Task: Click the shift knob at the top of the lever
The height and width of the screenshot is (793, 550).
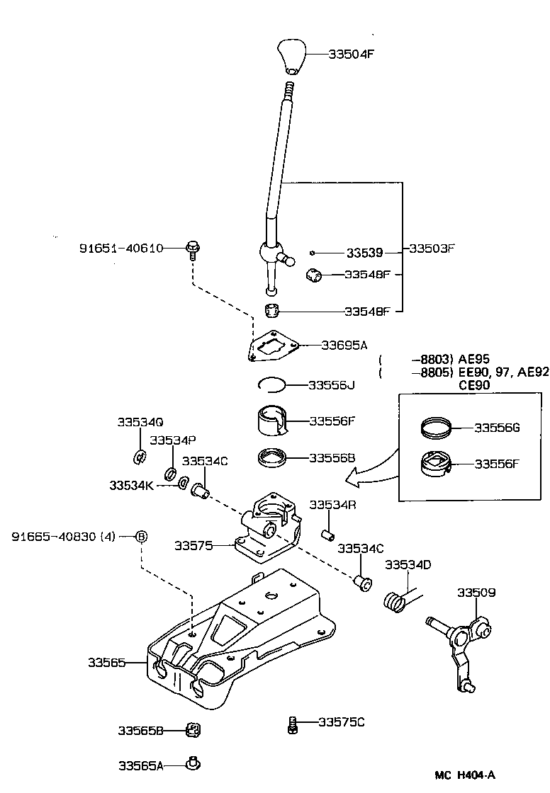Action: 291,57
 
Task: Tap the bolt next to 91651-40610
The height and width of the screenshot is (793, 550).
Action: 191,248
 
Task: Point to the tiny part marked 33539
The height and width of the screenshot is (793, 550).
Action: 312,252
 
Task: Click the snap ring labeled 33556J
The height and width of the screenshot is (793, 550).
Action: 271,384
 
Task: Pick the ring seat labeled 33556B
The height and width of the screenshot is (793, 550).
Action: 272,458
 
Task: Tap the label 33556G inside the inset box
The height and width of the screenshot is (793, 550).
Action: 497,428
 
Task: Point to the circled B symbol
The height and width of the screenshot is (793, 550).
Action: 140,536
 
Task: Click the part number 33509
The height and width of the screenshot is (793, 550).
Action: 476,592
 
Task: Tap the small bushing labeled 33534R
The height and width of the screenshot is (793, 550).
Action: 328,532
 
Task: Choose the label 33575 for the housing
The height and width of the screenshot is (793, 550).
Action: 194,545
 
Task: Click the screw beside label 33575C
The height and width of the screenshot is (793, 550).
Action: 292,724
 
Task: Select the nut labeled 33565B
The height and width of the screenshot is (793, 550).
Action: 190,729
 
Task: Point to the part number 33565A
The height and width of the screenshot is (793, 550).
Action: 140,765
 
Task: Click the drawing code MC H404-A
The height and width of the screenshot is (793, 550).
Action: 465,775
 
